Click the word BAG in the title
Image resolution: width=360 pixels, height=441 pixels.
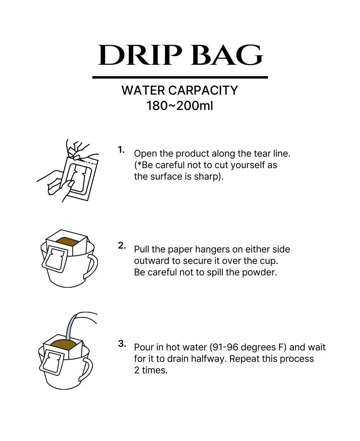227,55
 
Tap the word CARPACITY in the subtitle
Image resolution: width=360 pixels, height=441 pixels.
203,90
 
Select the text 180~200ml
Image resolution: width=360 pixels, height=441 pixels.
179,106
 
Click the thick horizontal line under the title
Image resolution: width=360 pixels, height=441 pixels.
180,78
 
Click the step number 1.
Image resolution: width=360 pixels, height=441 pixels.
121,150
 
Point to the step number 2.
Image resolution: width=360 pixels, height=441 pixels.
122,246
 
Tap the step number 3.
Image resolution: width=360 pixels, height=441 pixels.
122,343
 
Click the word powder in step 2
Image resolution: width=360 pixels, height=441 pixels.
259,272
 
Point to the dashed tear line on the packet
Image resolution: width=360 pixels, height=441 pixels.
89,162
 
